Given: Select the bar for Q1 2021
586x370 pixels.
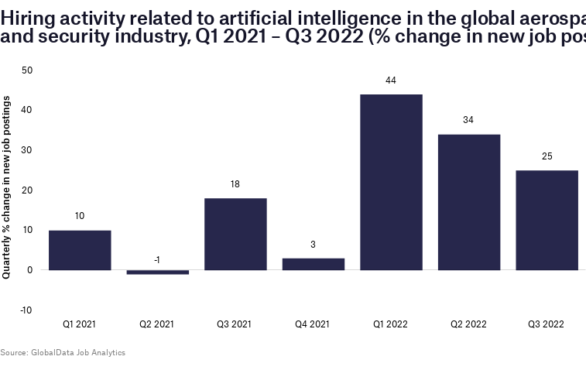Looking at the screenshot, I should coord(80,250).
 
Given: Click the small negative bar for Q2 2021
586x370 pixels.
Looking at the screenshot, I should coord(158,272).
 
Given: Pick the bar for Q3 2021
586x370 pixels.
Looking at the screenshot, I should coord(235,234).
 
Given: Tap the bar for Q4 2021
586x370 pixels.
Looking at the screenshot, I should coord(314,264).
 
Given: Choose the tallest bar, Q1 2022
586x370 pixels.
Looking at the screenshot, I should coord(391,182).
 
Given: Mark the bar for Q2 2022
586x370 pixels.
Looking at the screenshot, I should coord(469,202).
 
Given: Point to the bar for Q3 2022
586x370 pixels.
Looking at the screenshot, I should coord(547,220).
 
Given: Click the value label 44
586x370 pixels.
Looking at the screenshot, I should coord(391,81).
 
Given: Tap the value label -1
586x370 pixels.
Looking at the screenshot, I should coord(157,260).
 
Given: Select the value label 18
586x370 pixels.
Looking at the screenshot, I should coord(235,184).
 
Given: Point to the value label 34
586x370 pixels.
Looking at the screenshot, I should coord(468,120).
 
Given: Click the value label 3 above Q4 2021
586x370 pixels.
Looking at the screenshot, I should coord(314,245).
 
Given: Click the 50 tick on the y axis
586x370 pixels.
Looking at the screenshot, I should coord(27,70).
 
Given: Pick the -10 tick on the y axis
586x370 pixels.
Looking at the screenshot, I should coord(26,310).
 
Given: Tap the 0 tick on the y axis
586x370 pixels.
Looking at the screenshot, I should coord(29,270).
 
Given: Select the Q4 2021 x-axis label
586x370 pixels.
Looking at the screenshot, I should coord(314,324).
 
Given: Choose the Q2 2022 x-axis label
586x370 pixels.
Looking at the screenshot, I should coord(468,324).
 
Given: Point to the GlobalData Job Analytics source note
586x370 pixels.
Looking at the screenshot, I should coord(63,353).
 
